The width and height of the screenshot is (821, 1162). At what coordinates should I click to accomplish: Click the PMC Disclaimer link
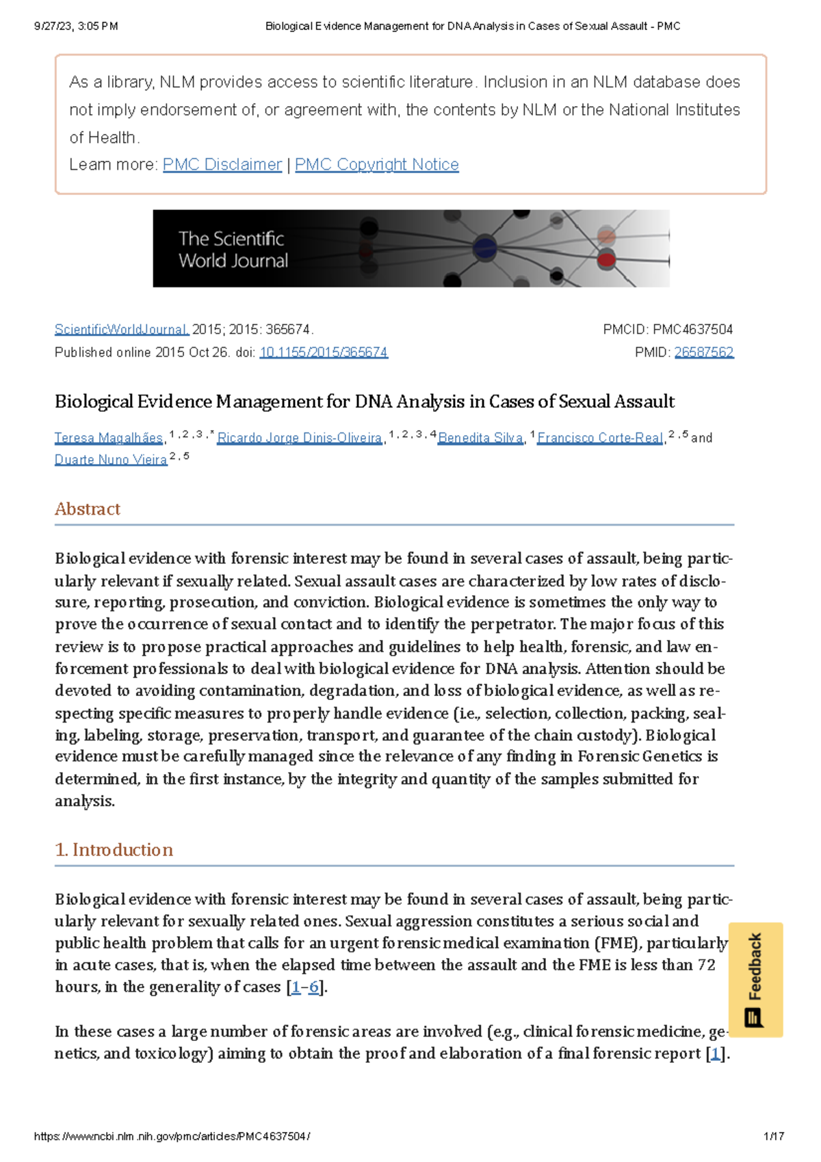(x=222, y=165)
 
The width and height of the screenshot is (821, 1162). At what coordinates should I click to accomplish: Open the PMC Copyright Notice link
(x=376, y=165)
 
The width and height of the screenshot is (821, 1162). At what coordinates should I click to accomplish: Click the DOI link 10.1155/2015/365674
(x=323, y=352)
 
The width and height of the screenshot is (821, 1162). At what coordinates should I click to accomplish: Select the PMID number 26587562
(x=703, y=352)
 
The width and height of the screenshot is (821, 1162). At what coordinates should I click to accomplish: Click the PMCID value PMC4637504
(x=692, y=330)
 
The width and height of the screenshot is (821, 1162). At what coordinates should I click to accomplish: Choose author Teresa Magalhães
(x=109, y=438)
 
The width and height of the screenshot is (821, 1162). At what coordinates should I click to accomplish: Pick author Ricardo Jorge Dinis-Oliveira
(x=299, y=438)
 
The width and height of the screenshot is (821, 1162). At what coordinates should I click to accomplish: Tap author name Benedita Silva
(x=480, y=438)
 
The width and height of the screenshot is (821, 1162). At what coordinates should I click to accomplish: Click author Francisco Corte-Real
(x=600, y=438)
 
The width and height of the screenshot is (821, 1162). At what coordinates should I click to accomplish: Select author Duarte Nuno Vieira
(x=111, y=460)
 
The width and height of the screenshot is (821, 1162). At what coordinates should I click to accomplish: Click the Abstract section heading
(x=88, y=509)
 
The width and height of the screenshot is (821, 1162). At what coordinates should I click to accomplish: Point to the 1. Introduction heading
(x=114, y=850)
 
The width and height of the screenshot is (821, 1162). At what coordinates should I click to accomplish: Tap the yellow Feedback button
(x=755, y=979)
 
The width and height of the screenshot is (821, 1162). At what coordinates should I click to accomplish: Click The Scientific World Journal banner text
(x=233, y=249)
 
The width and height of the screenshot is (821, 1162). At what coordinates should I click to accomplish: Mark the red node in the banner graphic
(x=606, y=259)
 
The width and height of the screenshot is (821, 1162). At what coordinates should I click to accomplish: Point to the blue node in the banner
(x=484, y=247)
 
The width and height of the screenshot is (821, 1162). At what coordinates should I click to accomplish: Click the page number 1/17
(x=773, y=1137)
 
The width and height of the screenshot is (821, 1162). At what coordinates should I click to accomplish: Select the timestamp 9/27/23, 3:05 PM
(x=76, y=27)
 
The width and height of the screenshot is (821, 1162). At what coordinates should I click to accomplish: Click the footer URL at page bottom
(x=172, y=1137)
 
